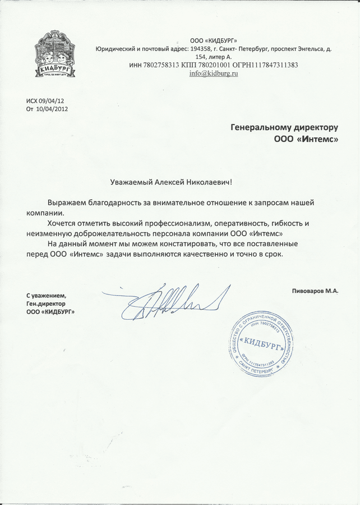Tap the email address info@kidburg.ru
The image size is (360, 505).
214,74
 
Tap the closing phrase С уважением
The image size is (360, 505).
47,296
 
